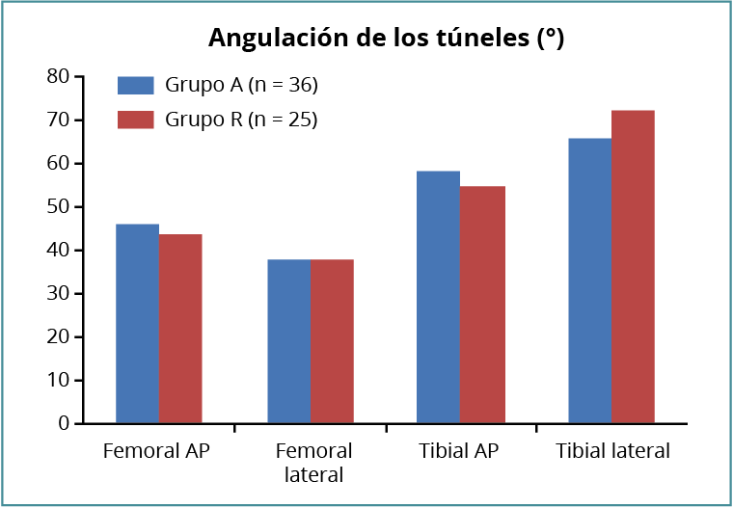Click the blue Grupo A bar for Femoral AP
pos(137,324)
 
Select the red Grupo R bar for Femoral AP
pos(180,329)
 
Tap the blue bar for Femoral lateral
pos(288,341)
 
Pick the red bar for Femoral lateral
pos(332,341)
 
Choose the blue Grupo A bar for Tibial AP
pos(438,297)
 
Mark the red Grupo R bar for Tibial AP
pos(482,305)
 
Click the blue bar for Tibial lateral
pos(589,281)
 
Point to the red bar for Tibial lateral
pos(633,267)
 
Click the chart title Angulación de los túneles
pos(386,39)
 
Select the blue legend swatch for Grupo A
pos(136,85)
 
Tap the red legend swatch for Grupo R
pos(136,120)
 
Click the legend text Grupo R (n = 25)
pos(241,120)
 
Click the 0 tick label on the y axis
pos(64,423)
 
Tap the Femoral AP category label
pos(156,451)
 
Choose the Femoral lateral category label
pos(313,463)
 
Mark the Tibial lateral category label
pos(611,451)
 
